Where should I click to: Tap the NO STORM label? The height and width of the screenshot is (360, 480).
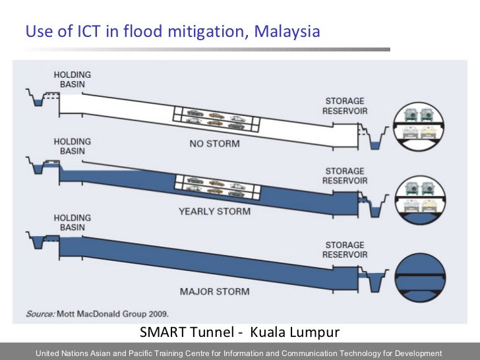coord(214,143)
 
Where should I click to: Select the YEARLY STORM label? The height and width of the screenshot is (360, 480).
coord(214,212)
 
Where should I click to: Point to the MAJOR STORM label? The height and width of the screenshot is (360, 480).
coord(214,291)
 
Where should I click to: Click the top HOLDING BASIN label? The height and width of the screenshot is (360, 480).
coord(73,80)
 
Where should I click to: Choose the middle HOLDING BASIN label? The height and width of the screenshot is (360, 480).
coord(73,146)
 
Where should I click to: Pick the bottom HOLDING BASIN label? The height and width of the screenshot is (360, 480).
coord(73,223)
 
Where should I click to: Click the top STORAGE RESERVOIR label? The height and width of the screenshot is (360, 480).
coord(344,106)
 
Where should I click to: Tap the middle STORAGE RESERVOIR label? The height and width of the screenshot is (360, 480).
coord(344,175)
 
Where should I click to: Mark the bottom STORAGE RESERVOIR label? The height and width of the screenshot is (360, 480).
coord(344,250)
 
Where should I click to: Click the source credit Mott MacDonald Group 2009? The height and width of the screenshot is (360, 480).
coord(97,314)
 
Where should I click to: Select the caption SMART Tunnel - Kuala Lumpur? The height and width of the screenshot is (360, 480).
coord(239,331)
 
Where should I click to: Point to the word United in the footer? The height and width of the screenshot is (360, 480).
coord(49,353)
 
